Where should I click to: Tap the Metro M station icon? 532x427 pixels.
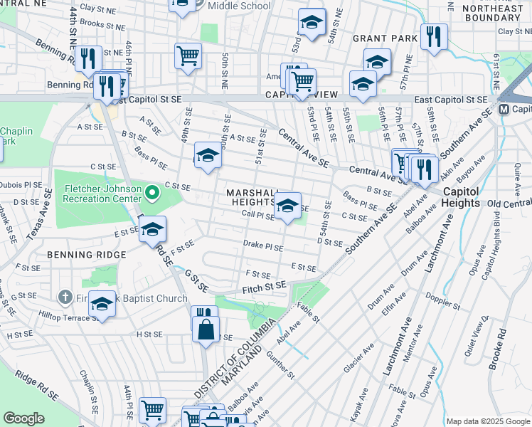pyautogui.click(x=504, y=109)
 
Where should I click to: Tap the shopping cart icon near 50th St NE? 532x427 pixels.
pyautogui.click(x=188, y=55)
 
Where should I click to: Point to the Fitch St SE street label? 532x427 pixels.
pyautogui.click(x=264, y=285)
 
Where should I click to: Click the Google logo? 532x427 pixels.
pyautogui.click(x=23, y=418)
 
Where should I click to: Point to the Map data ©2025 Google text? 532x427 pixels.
pyautogui.click(x=488, y=421)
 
